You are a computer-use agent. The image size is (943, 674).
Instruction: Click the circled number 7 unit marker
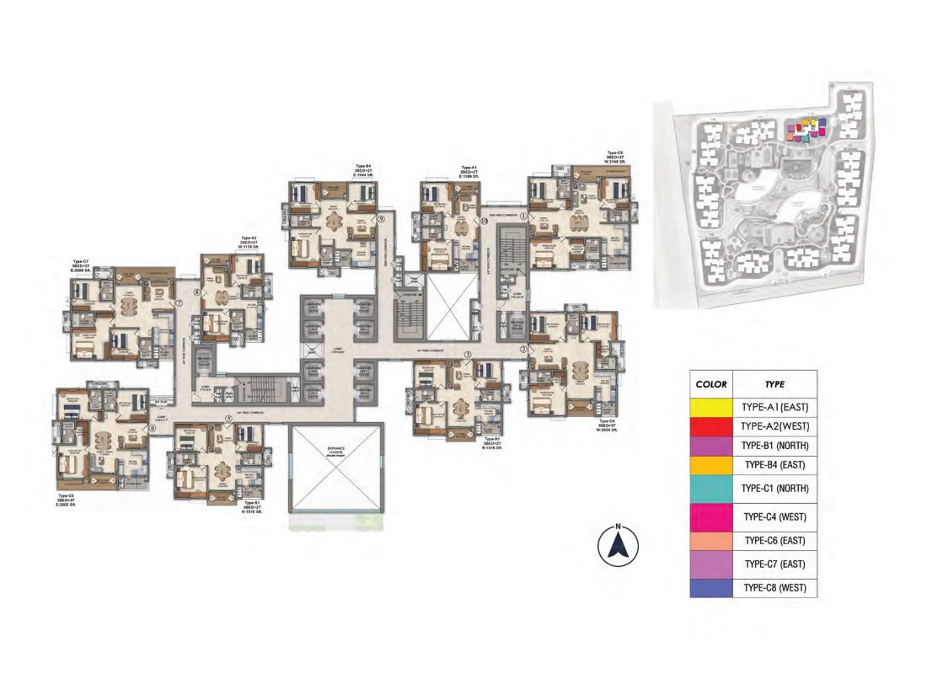pos(179,302)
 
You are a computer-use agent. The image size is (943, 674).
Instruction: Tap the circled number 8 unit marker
pos(197,293)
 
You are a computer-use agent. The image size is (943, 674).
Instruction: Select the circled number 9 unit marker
pos(381,218)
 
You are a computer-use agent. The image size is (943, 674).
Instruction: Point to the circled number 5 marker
pos(228,419)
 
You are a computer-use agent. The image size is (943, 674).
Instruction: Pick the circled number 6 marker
pos(152,428)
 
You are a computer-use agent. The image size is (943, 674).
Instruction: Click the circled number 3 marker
pos(468,355)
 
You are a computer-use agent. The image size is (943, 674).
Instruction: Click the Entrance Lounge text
pos(335,455)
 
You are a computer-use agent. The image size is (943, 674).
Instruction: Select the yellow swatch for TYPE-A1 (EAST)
pos(711,406)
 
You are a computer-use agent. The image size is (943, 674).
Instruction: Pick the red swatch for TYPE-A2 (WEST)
pos(711,426)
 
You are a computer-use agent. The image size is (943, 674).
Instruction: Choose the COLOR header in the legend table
pos(711,383)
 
